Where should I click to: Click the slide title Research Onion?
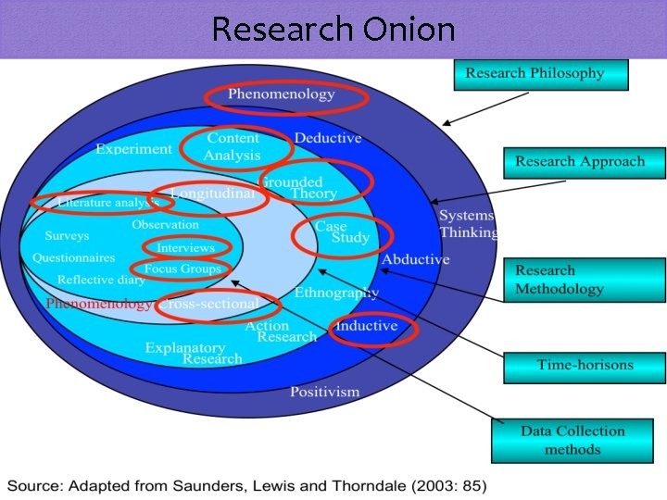click(333, 30)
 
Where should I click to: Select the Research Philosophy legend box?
click(540, 74)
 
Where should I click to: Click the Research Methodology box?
click(584, 280)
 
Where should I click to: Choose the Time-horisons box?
click(585, 366)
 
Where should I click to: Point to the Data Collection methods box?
click(572, 441)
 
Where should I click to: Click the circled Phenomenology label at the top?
click(282, 94)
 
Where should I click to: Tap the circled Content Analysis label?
click(233, 147)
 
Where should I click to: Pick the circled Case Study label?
click(342, 233)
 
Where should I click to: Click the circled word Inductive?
click(367, 326)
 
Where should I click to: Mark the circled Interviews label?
click(185, 248)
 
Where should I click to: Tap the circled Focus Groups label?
click(182, 269)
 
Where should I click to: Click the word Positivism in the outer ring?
click(324, 392)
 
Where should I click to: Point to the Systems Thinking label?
click(468, 224)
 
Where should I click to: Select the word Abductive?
click(415, 259)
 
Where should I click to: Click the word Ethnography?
click(336, 294)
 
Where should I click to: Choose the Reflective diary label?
click(100, 280)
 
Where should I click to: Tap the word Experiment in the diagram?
click(133, 148)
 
